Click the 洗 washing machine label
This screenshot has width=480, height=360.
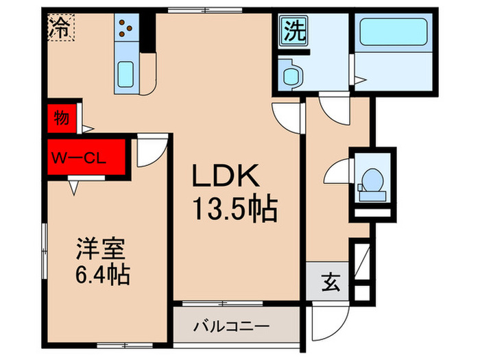(x=293, y=32)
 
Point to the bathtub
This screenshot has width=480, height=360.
(x=392, y=33)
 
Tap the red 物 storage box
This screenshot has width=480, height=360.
(x=62, y=119)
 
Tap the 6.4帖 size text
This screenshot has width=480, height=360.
(x=102, y=276)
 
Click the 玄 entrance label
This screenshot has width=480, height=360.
(x=329, y=281)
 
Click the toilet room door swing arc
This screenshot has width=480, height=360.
(x=337, y=171)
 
